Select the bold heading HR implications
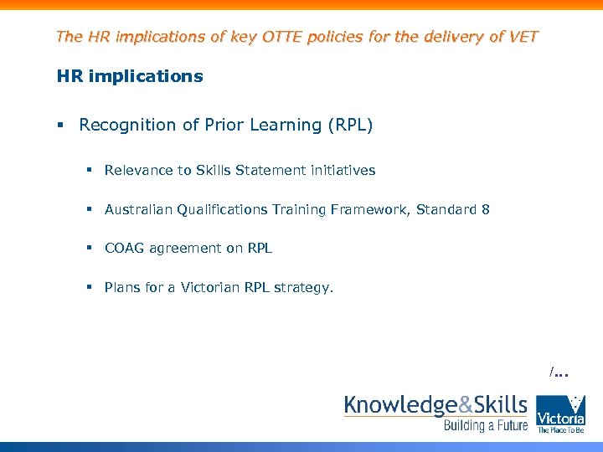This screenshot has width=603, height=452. click(x=129, y=76)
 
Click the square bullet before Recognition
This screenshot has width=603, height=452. click(x=60, y=126)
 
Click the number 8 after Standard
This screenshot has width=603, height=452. click(x=486, y=210)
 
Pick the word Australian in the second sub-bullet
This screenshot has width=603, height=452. click(x=138, y=210)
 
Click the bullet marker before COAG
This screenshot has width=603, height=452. click(x=88, y=249)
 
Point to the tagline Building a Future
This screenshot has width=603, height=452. click(x=486, y=426)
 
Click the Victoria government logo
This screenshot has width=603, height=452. click(x=560, y=413)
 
